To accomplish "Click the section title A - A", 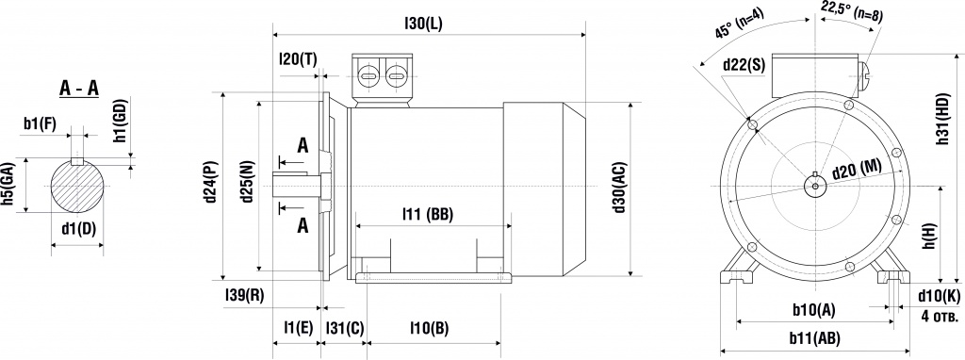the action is coord(79,89).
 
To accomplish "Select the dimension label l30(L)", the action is coord(423,24).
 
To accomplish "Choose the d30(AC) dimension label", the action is coord(619,188).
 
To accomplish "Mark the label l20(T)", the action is coord(299,59).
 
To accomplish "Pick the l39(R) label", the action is coord(245,295).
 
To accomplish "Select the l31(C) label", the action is coord(345,328).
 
